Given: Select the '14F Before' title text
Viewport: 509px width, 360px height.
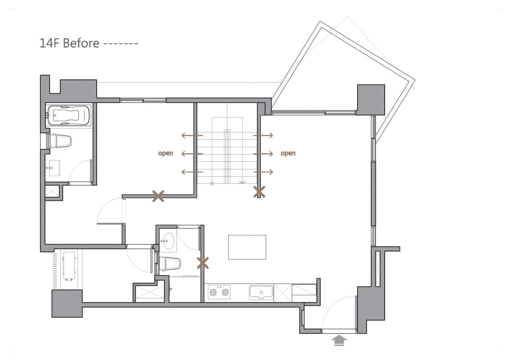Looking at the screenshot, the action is (x=70, y=43).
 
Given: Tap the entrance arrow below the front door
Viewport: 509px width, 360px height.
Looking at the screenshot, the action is (x=339, y=340).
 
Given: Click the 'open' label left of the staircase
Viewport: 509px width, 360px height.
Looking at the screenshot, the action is (x=166, y=153).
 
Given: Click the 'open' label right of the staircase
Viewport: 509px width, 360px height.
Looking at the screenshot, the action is (x=288, y=153).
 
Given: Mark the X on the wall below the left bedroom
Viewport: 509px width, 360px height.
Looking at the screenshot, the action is (x=158, y=196).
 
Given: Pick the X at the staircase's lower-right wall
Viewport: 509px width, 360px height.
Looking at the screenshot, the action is (x=259, y=192).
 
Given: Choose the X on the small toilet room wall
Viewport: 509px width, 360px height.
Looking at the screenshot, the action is (x=203, y=263).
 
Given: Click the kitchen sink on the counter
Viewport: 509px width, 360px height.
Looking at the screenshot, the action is (x=261, y=292).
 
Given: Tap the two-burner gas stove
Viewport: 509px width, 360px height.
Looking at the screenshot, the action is (x=219, y=292).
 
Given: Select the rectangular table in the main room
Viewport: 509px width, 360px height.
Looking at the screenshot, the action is (x=247, y=247).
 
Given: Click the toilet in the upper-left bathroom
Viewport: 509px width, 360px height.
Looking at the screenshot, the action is (x=59, y=141).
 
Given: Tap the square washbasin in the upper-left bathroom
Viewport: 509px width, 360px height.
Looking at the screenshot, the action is (x=55, y=168).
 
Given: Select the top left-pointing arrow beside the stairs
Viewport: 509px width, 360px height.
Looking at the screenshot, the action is (x=192, y=135).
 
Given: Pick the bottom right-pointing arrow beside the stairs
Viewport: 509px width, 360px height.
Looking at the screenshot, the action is (x=263, y=172).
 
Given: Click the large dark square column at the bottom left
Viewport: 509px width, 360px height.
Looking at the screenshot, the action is (x=67, y=304).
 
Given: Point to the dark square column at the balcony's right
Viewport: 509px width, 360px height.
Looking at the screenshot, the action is (x=371, y=100).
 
